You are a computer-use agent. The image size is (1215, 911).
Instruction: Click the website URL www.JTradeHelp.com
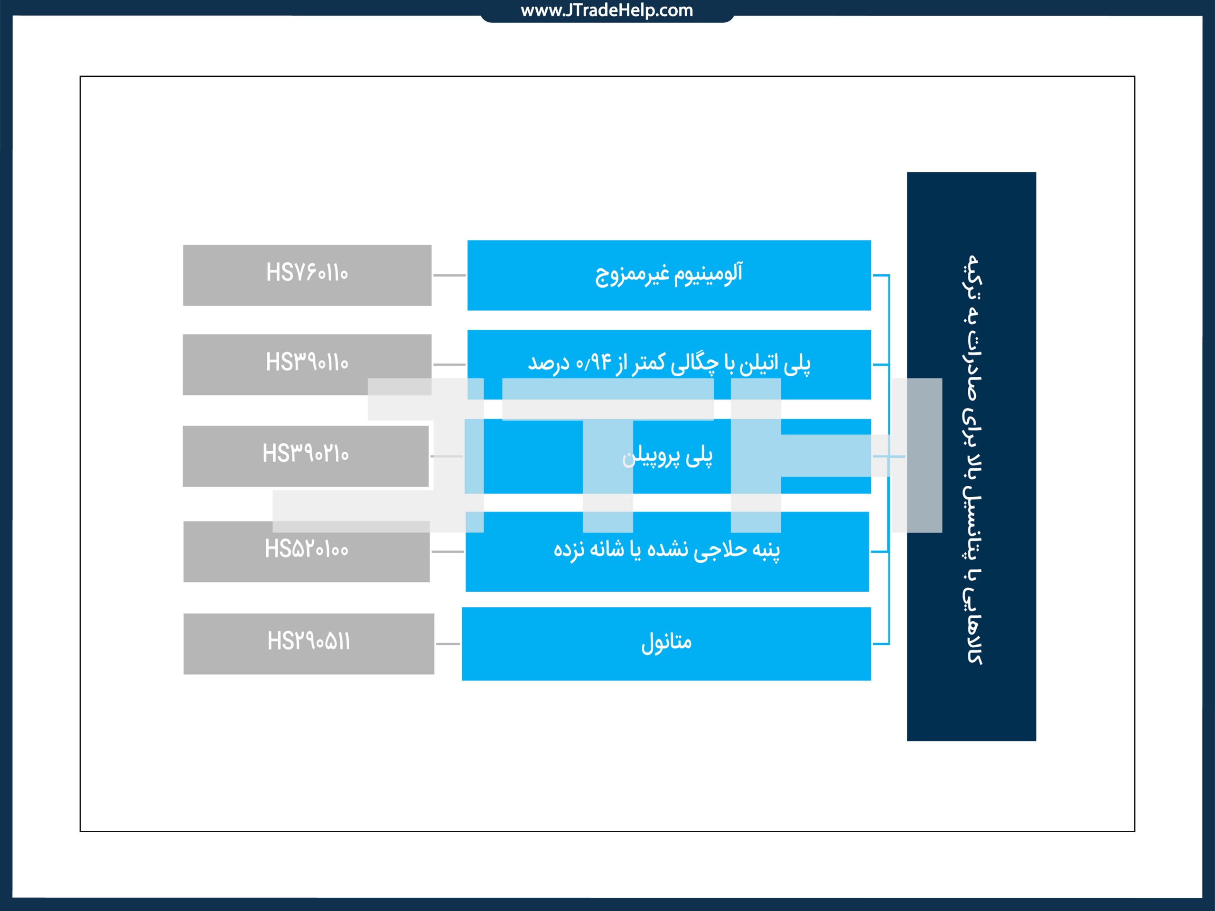coord(607,10)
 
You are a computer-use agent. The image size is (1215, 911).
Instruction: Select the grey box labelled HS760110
coord(307,275)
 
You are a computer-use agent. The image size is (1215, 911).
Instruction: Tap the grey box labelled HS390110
coord(307,364)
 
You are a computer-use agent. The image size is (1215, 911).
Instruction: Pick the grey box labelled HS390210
coord(305,456)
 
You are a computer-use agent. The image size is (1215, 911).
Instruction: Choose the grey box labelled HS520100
coord(307,551)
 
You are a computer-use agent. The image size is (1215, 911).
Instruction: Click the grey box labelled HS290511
coord(308,643)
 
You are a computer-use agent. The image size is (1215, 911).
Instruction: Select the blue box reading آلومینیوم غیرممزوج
coord(669,275)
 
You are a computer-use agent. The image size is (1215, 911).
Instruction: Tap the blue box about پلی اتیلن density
coord(669,364)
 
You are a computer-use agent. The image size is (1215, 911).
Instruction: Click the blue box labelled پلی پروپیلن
coord(667,456)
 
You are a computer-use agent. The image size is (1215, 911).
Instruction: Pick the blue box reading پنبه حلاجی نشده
coord(667,551)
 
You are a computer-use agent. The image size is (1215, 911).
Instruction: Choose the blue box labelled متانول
coord(666,643)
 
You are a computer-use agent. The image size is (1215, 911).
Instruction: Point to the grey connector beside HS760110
coord(449,275)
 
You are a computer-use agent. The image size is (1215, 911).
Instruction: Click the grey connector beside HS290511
coord(448,643)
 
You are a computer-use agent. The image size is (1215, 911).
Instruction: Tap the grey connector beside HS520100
coord(448,551)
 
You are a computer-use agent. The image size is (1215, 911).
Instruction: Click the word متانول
coord(666,642)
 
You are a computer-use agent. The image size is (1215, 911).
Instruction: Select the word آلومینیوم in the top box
coord(709,273)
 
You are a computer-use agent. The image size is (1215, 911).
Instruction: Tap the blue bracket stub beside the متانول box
coord(880,643)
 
